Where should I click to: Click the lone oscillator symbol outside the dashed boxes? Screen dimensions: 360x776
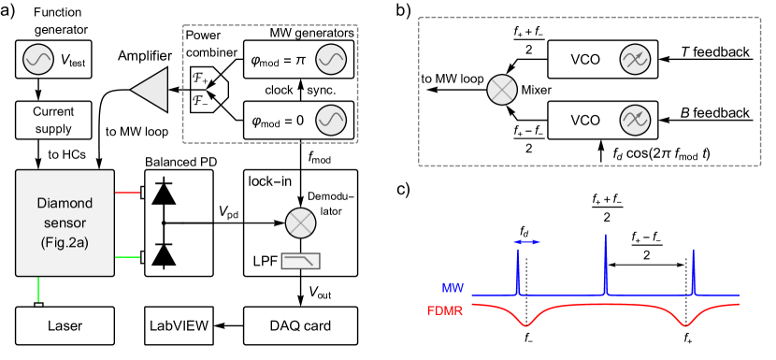click(x=38, y=60)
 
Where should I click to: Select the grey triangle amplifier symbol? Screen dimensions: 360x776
click(x=151, y=90)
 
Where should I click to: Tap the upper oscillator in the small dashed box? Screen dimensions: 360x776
click(x=331, y=60)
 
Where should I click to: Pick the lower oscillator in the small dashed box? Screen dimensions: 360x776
click(x=331, y=120)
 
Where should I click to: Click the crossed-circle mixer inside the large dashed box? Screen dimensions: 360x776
click(x=502, y=90)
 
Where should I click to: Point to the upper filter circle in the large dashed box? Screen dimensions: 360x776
click(x=635, y=60)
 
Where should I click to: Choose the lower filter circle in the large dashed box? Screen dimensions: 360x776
click(x=635, y=120)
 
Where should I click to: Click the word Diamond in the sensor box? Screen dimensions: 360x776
click(x=65, y=203)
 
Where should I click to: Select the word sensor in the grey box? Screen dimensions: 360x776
click(x=65, y=223)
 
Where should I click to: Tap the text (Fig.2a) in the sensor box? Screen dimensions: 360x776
click(x=65, y=242)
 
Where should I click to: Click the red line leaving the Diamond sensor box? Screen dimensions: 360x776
click(x=127, y=193)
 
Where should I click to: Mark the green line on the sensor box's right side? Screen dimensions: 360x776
click(x=127, y=256)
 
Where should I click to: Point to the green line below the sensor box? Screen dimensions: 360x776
click(x=38, y=289)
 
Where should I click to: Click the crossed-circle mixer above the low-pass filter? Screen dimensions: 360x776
click(x=300, y=223)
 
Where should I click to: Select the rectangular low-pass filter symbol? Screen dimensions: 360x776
click(x=300, y=261)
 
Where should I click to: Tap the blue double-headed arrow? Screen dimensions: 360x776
click(x=527, y=242)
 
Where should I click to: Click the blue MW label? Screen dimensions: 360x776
click(x=453, y=288)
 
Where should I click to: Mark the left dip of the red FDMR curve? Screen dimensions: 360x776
click(x=527, y=324)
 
